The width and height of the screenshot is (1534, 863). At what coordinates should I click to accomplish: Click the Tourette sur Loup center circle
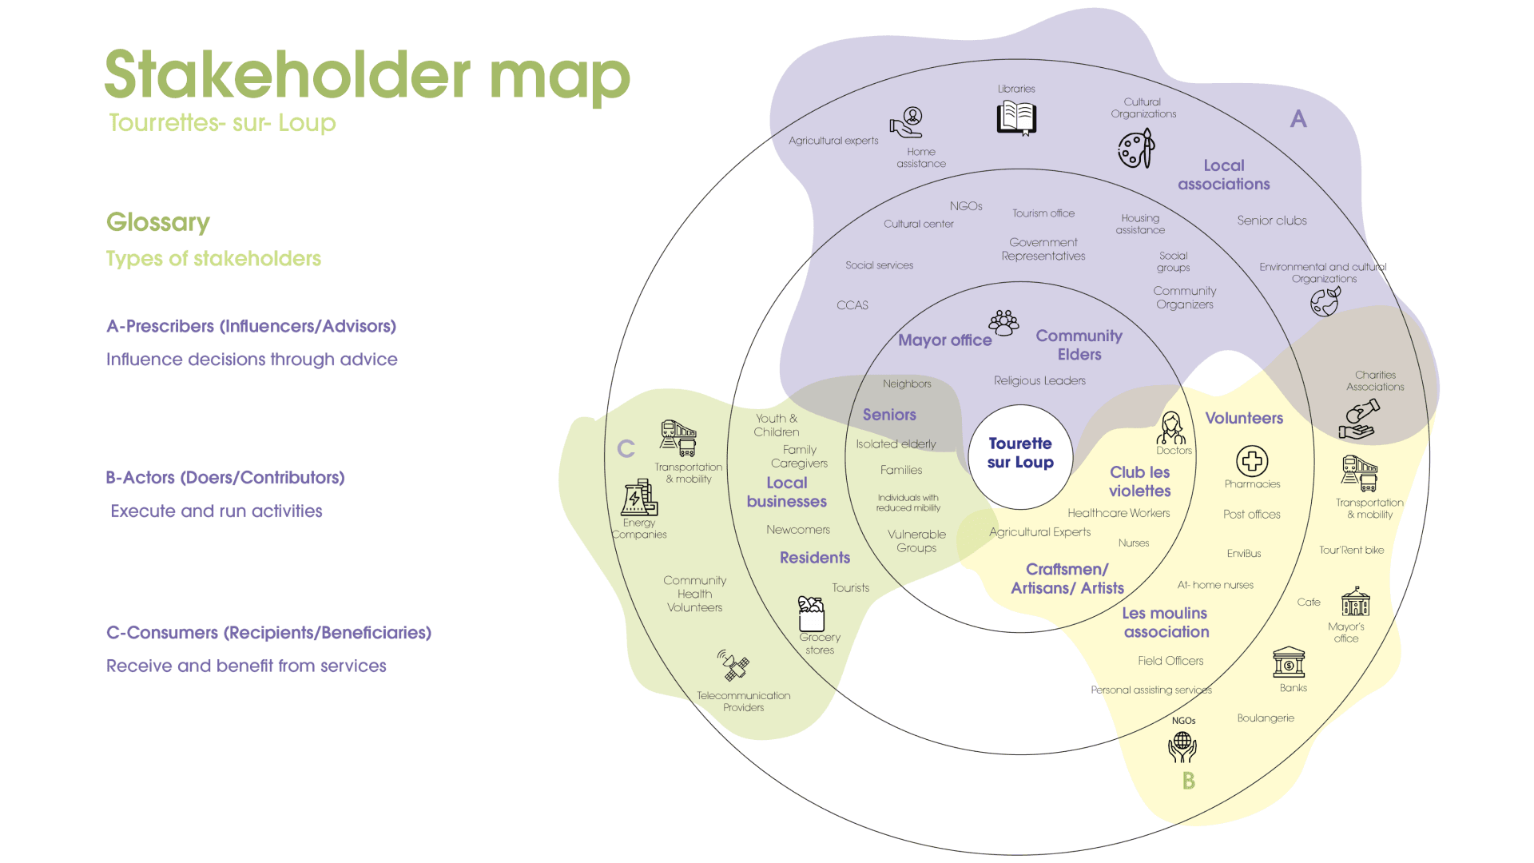coord(1020,455)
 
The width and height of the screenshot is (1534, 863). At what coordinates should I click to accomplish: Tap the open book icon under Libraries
coord(1016,118)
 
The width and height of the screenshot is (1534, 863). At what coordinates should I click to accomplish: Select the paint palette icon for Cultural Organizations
coord(1135,149)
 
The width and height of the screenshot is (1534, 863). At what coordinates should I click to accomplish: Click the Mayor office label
coord(944,340)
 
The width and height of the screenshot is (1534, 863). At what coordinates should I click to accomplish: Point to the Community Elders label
coord(1079,345)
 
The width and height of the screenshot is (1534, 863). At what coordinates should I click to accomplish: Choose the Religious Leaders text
coord(1039,381)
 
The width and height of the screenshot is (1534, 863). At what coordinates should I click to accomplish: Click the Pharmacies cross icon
coord(1252,461)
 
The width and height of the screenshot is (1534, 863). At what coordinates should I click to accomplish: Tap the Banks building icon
coord(1289,662)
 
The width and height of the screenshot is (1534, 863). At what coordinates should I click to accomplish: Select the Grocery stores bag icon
coord(812,614)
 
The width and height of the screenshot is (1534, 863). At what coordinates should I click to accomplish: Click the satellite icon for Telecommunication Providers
coord(733,665)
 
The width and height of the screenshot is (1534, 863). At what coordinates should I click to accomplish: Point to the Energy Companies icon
coord(639,498)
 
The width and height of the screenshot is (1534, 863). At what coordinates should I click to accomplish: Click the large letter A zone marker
coord(1298,120)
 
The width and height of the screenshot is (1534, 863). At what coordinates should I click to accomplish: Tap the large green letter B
coord(1189,781)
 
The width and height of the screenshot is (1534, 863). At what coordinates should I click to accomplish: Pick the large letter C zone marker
coord(626,449)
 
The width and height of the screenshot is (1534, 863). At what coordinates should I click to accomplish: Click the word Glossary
coord(158,222)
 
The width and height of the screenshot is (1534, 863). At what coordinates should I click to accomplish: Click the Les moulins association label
coord(1166,622)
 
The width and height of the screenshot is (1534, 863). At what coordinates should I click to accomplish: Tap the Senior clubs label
coord(1272,221)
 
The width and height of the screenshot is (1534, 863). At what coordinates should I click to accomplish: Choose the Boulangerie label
coord(1266,718)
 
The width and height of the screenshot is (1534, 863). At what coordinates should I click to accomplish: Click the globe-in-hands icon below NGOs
coord(1182,747)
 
